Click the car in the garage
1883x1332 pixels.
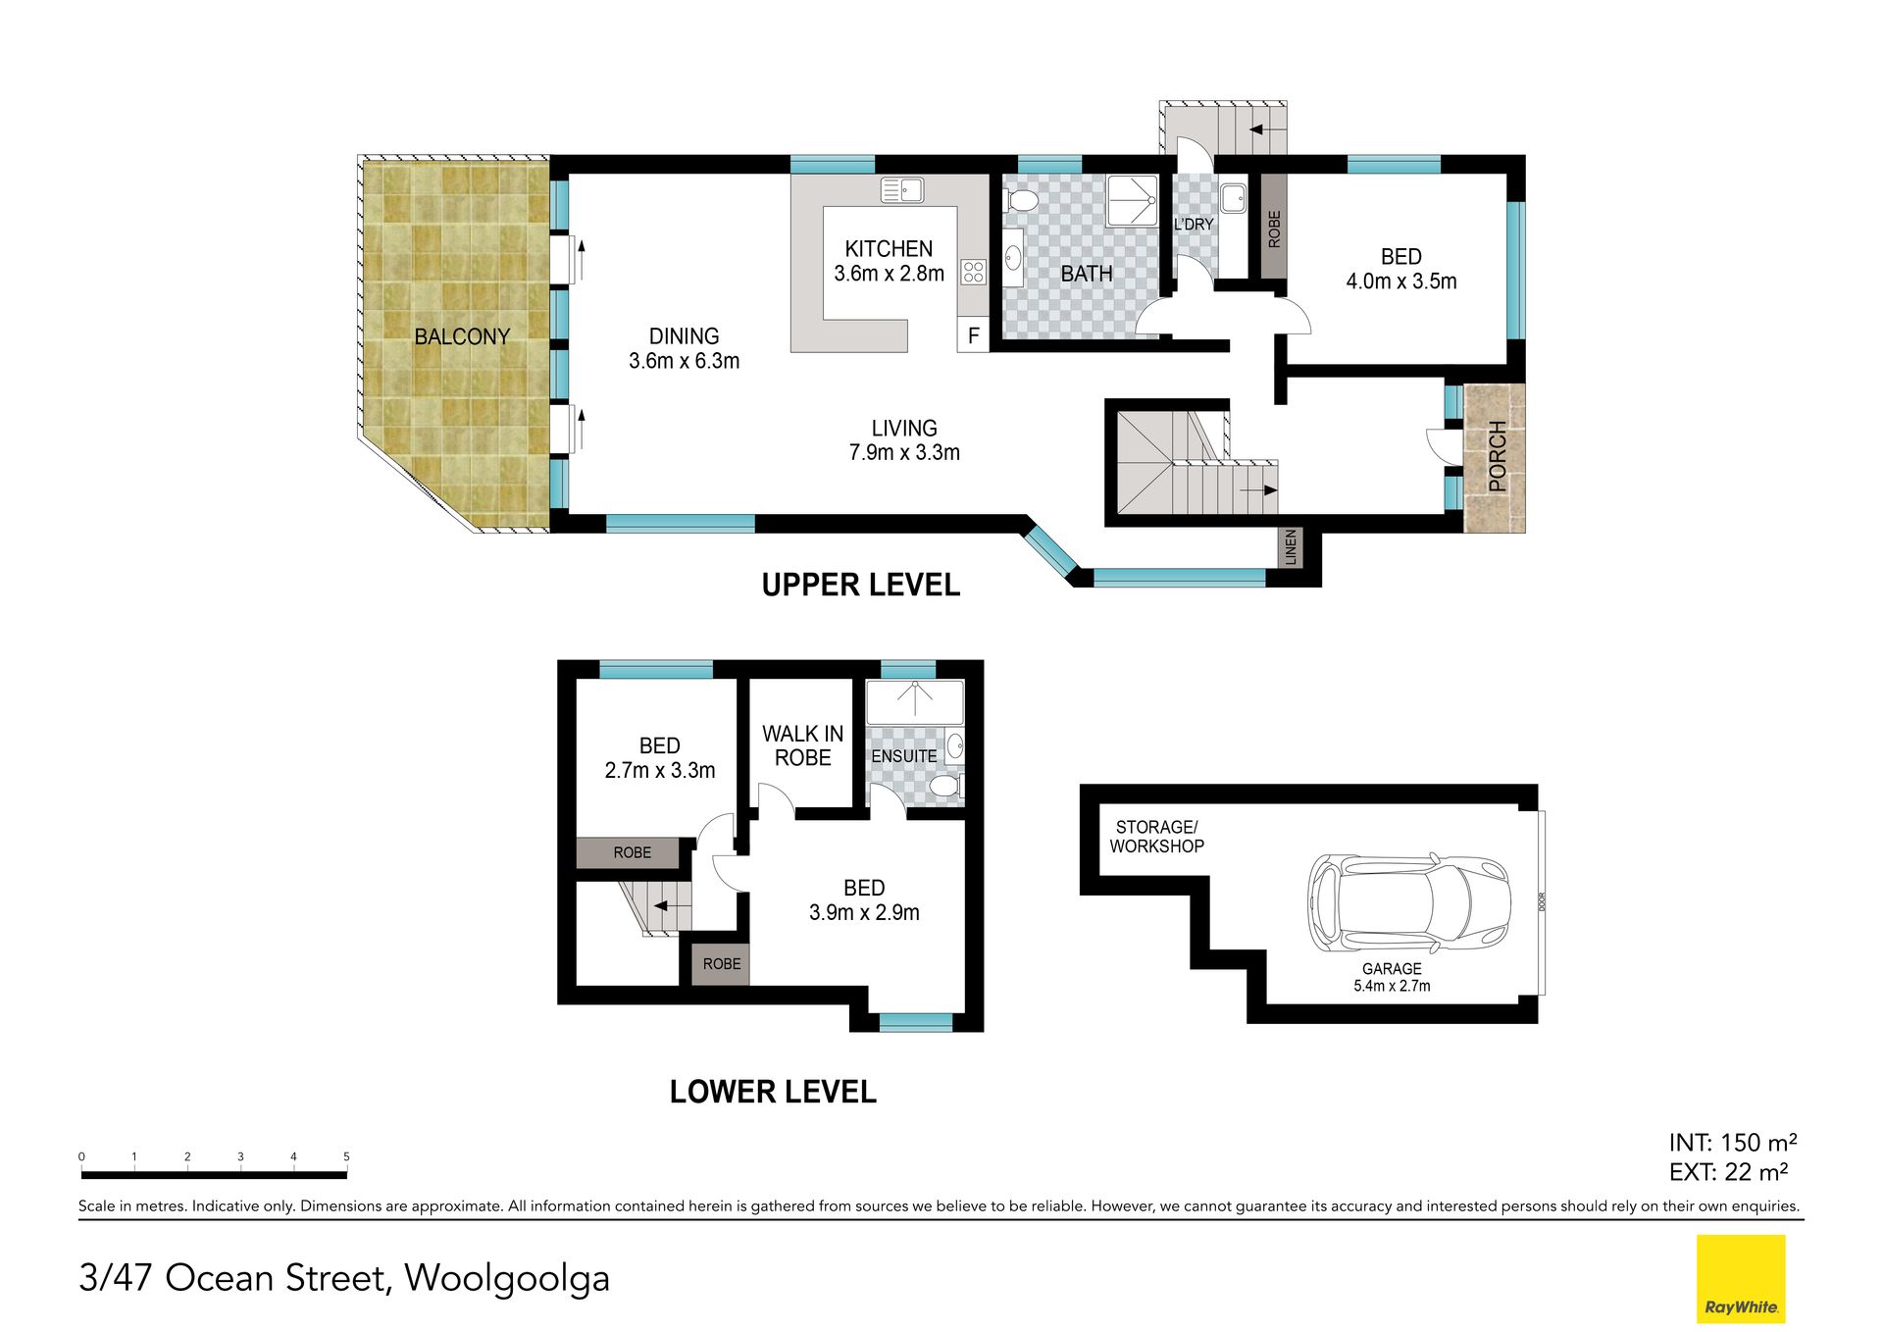point(1409,903)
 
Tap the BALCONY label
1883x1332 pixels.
point(462,336)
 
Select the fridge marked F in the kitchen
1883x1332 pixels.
point(973,335)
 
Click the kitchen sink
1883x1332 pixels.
point(902,189)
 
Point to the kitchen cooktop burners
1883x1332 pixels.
point(973,272)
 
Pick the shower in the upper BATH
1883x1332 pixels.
point(1133,201)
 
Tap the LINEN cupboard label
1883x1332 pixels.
point(1291,546)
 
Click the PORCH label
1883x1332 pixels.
point(1497,456)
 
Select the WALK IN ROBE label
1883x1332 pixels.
point(802,745)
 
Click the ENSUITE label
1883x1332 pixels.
point(903,756)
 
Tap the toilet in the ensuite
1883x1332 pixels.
point(945,786)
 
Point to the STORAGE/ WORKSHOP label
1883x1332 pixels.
point(1156,837)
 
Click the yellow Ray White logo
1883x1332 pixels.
point(1741,1278)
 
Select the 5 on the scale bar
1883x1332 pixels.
point(346,1156)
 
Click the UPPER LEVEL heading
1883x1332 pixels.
point(860,585)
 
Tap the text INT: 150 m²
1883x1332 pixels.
point(1733,1143)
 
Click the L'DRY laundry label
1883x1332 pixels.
point(1194,225)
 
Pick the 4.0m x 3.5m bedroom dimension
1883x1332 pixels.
point(1400,282)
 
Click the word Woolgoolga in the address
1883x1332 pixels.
point(507,1278)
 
